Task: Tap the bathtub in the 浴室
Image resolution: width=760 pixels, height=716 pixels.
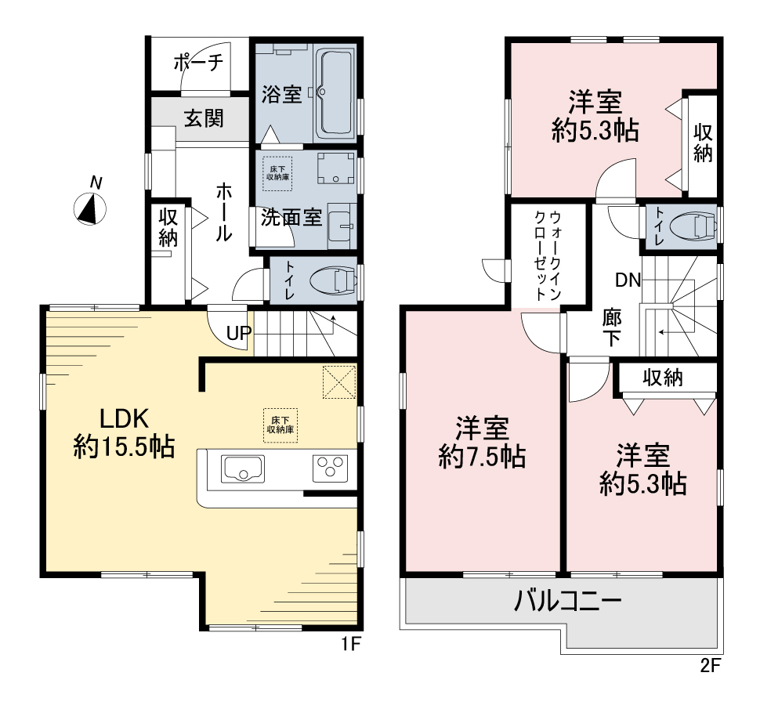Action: tap(335, 92)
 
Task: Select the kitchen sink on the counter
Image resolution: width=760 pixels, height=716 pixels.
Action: tap(243, 468)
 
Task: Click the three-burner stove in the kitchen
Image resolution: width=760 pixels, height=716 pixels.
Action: tap(330, 468)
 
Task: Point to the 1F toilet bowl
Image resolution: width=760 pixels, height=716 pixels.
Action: tap(334, 280)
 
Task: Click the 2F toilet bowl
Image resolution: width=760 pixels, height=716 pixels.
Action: tap(693, 226)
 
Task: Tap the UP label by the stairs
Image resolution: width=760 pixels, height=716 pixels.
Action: tap(239, 333)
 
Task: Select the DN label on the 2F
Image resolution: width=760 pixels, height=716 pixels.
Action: tap(628, 280)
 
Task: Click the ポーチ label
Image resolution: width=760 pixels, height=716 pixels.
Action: tap(198, 62)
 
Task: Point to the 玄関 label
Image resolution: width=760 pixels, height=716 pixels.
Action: tap(204, 118)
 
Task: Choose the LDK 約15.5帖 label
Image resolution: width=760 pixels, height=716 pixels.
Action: tap(124, 432)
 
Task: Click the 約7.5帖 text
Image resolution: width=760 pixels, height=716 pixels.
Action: tap(483, 457)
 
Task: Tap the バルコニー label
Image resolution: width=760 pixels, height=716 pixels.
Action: tap(567, 601)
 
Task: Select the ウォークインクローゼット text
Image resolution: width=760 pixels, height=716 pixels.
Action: tap(548, 255)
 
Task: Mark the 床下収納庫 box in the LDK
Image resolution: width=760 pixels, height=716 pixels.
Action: tap(280, 425)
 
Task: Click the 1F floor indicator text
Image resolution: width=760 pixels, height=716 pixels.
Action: tap(350, 644)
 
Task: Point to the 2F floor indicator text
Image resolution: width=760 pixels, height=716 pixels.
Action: tap(711, 666)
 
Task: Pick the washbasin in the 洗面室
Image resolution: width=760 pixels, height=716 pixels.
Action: tap(342, 226)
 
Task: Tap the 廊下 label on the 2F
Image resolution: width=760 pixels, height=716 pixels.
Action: tap(612, 327)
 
